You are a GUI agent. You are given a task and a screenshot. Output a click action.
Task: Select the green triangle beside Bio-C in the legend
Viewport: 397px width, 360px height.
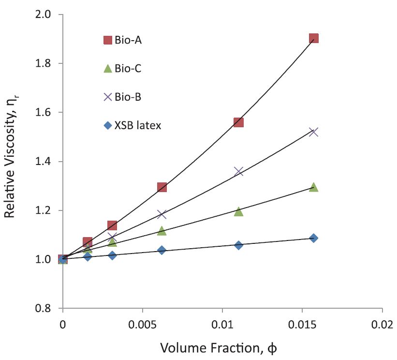coord(108,68)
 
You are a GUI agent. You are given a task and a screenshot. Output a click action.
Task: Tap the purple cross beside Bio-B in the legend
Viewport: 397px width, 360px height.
coord(108,97)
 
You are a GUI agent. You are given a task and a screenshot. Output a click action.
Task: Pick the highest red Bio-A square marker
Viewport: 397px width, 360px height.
coord(313,39)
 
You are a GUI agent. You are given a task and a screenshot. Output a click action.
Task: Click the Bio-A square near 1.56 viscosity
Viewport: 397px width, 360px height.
coord(238,122)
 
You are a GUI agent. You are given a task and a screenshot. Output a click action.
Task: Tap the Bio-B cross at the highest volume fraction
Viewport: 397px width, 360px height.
coord(313,132)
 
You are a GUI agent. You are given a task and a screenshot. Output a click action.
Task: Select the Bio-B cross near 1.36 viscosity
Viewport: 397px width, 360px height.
coord(238,171)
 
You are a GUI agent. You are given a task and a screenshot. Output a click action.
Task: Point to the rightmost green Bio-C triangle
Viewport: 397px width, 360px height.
coord(313,187)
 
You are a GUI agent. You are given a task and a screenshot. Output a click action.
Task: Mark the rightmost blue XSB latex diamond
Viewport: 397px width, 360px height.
coord(313,238)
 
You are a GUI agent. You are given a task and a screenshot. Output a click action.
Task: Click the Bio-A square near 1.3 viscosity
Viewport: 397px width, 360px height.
coord(162,187)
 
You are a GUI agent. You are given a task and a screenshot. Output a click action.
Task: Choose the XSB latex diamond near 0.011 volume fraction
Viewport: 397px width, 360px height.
coord(238,245)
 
